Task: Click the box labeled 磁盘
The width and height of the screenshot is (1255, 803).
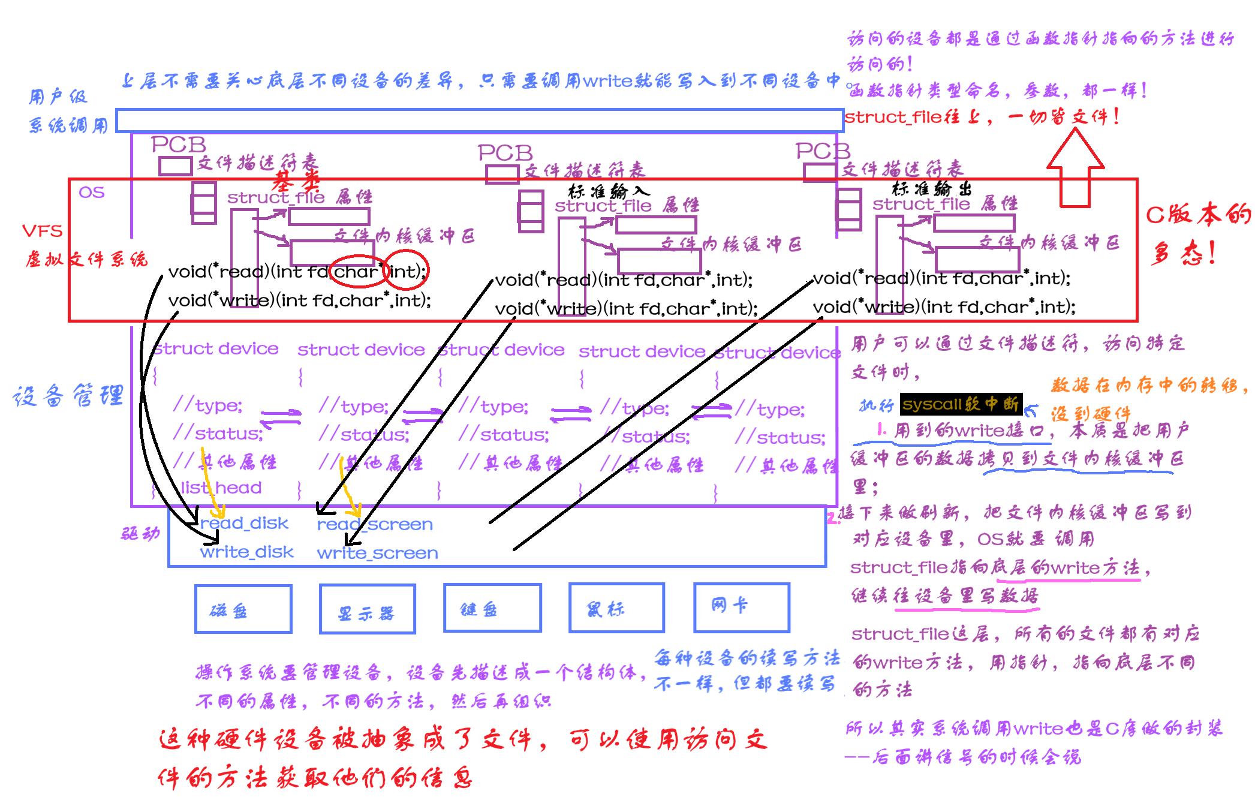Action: pyautogui.click(x=243, y=609)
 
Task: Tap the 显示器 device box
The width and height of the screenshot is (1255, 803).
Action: pyautogui.click(x=367, y=609)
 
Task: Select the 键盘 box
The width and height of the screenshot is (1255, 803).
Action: pyautogui.click(x=492, y=607)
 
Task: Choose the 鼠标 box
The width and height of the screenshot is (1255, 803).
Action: pyautogui.click(x=616, y=607)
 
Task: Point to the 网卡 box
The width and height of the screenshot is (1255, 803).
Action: pyautogui.click(x=741, y=607)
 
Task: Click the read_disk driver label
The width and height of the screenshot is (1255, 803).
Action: pyautogui.click(x=245, y=524)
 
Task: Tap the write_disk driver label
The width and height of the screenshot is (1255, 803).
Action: pyautogui.click(x=246, y=552)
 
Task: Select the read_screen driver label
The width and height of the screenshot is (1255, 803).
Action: pyautogui.click(x=375, y=525)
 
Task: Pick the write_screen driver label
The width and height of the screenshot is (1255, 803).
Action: pyautogui.click(x=377, y=553)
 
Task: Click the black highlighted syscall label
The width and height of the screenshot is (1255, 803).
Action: pyautogui.click(x=961, y=404)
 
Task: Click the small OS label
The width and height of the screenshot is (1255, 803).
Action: pyautogui.click(x=91, y=193)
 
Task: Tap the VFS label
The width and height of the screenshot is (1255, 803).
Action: pyautogui.click(x=42, y=231)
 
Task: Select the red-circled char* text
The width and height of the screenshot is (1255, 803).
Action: pyautogui.click(x=357, y=272)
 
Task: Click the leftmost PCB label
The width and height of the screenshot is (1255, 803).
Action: pyautogui.click(x=178, y=145)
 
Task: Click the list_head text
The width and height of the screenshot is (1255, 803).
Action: pyautogui.click(x=221, y=488)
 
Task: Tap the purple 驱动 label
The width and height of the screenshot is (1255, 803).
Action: pyautogui.click(x=140, y=533)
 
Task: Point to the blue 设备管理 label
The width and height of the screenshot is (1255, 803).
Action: pyautogui.click(x=68, y=396)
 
